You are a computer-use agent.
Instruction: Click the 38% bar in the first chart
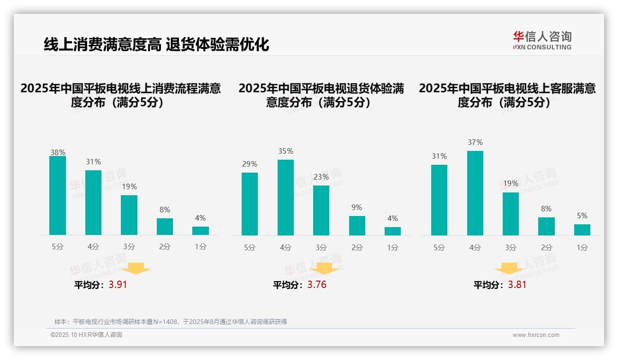(58, 196)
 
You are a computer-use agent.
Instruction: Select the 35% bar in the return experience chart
(285, 198)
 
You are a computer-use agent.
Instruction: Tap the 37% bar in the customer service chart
(475, 193)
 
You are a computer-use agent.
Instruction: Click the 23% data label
(321, 177)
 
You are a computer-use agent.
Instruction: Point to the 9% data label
(357, 208)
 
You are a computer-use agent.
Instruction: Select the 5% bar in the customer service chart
(582, 230)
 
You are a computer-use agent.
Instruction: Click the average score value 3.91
(118, 285)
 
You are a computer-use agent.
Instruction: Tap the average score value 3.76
(317, 285)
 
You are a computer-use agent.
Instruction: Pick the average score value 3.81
(517, 285)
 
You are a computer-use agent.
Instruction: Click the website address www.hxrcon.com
(536, 335)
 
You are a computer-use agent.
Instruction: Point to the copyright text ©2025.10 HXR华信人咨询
(86, 335)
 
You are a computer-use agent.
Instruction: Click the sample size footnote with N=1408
(171, 322)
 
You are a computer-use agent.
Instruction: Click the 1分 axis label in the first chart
(201, 247)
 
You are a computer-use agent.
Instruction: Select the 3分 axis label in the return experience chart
(321, 248)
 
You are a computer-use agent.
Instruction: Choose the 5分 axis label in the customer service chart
(439, 248)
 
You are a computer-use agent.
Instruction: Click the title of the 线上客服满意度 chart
(507, 95)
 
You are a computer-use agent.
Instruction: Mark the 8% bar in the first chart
(165, 227)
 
